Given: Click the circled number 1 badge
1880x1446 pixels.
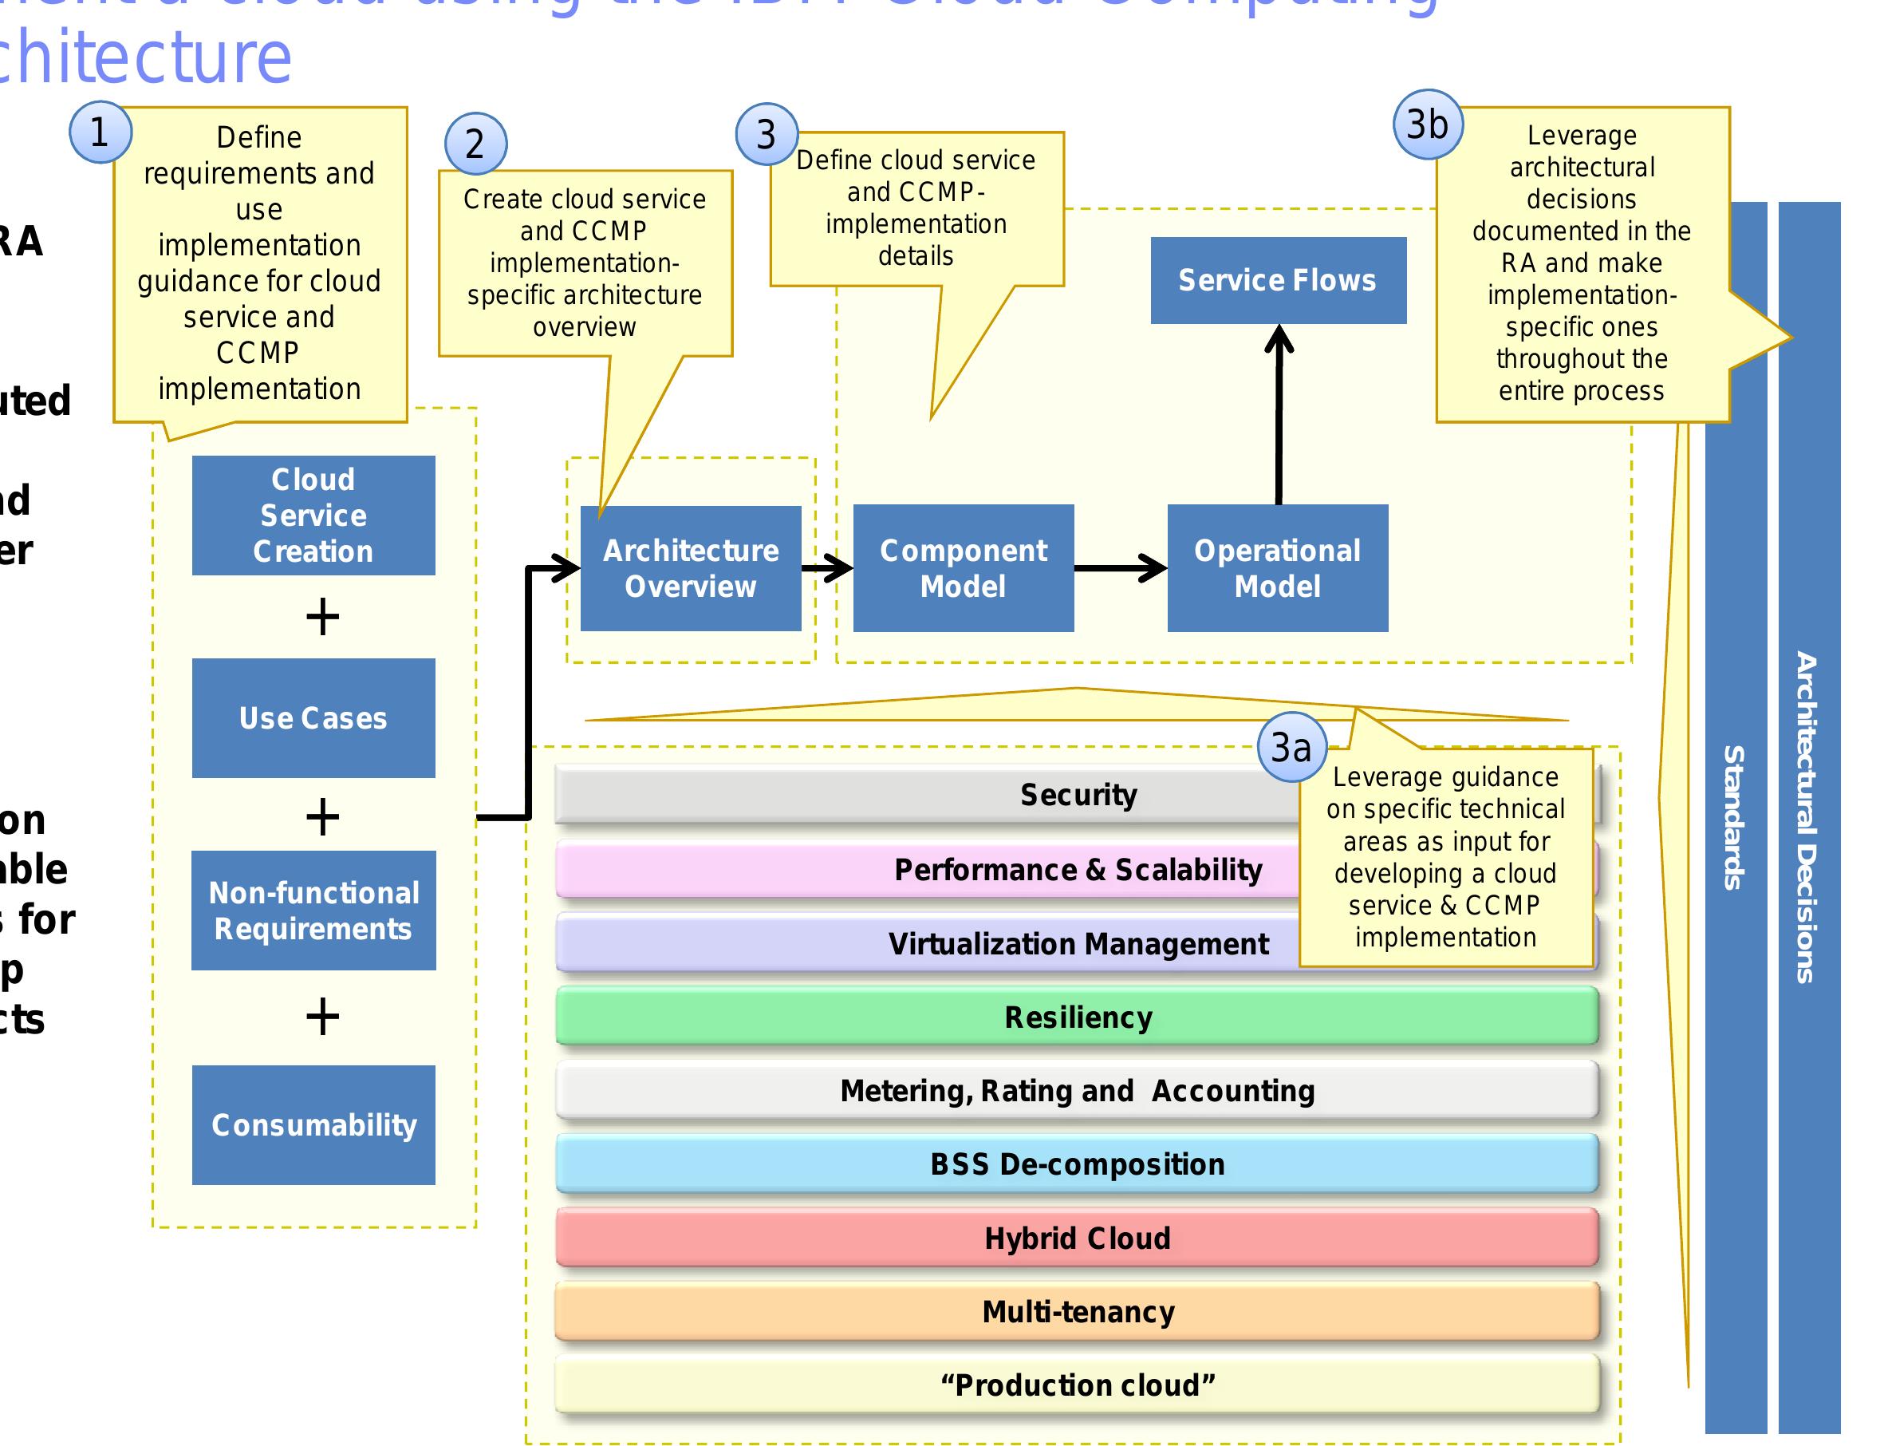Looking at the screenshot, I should tap(100, 132).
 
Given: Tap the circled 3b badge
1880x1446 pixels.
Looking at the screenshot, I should tap(1428, 124).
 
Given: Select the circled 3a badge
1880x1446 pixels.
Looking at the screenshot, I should tap(1291, 747).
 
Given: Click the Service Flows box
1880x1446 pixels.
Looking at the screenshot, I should tap(1278, 281).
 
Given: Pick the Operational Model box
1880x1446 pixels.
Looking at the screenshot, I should tap(1277, 568).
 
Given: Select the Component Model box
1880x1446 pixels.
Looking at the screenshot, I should tap(963, 568).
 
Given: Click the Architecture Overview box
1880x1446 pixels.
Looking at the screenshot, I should tap(690, 568).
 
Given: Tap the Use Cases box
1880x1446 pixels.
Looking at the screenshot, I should tap(313, 718).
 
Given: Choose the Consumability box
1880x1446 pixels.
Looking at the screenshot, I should tap(313, 1125).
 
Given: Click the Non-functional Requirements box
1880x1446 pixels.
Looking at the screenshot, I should tap(313, 911).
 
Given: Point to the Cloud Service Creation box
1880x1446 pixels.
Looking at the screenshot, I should tap(313, 515).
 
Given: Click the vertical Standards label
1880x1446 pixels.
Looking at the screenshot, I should tap(1735, 818).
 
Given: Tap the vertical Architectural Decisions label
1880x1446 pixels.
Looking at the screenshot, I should tap(1807, 818).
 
